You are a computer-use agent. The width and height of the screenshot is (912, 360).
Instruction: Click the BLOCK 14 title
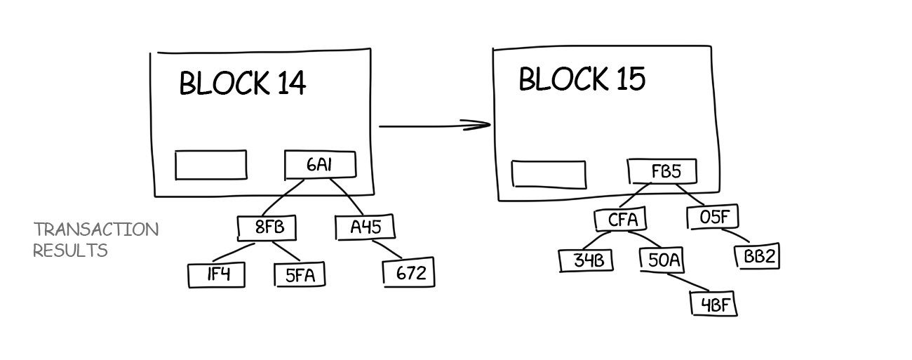point(243,84)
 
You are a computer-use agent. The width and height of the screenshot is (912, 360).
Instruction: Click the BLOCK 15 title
point(582,79)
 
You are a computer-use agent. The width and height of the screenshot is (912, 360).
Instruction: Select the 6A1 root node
point(320,165)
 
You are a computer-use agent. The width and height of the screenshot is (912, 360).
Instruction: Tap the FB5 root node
point(664,171)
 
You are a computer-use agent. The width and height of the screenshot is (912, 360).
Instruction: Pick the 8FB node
point(266,227)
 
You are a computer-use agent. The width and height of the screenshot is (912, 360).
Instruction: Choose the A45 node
point(363,227)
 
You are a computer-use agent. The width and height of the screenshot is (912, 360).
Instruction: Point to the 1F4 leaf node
point(217,275)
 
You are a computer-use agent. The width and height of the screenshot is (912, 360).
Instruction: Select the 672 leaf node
point(410,273)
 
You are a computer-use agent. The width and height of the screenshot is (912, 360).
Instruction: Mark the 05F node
point(714,217)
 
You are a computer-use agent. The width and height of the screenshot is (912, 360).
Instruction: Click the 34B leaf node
point(586,260)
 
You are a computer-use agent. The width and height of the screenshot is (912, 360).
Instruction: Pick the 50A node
point(663,260)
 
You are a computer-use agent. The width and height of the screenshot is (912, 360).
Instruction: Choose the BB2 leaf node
point(758,257)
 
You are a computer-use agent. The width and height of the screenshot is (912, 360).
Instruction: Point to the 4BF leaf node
point(714,305)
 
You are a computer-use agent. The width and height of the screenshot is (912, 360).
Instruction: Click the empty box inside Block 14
point(210,165)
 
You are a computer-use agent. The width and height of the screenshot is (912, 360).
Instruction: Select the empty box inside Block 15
point(549,174)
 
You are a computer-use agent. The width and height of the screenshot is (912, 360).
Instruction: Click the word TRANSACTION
point(96,229)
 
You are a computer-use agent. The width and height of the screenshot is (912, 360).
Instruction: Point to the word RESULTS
point(70,251)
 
